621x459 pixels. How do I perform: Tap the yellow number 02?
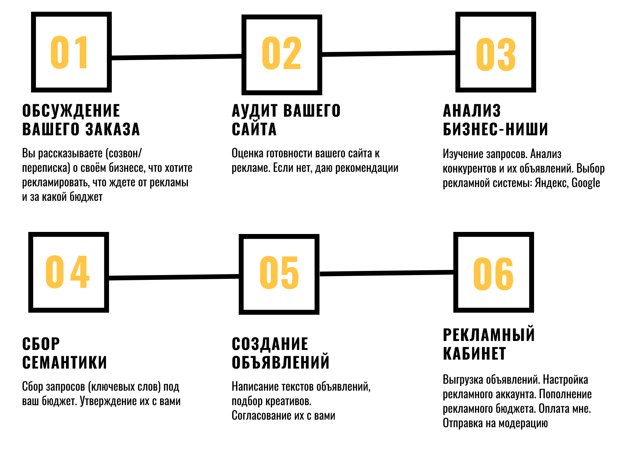click(x=282, y=53)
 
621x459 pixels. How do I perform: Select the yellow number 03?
click(x=496, y=55)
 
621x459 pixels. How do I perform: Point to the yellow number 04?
click(x=68, y=272)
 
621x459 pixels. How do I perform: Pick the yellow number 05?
click(x=279, y=273)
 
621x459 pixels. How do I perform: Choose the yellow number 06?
click(x=493, y=274)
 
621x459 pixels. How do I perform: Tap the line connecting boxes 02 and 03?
click(x=389, y=53)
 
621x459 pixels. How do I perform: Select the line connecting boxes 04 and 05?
click(x=174, y=277)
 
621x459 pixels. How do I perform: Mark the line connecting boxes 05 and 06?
click(x=386, y=273)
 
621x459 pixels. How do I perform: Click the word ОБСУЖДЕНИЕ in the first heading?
click(x=71, y=111)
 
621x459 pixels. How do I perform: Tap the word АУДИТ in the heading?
click(x=255, y=111)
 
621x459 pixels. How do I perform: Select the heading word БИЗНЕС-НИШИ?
click(x=495, y=129)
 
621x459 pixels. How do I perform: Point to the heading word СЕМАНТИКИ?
click(x=65, y=363)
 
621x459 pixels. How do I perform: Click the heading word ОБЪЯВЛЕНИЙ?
click(x=280, y=363)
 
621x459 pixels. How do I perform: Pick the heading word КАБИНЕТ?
click(x=474, y=354)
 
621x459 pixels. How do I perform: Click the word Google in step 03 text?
click(x=586, y=183)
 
